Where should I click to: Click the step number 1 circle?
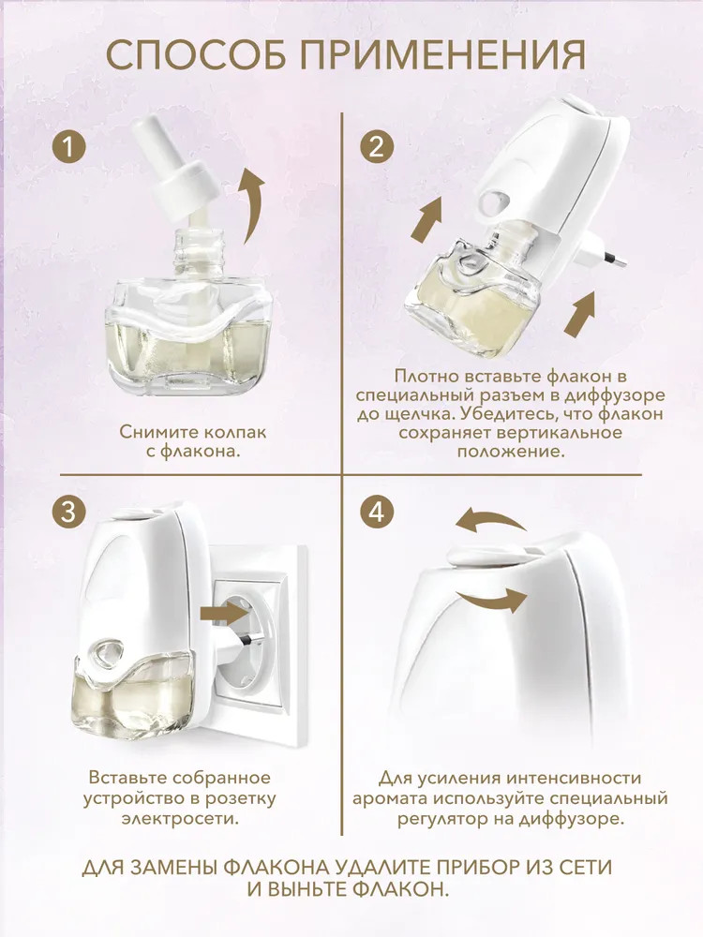point(70,146)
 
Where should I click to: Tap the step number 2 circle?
point(377,146)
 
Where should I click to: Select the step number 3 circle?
point(68,513)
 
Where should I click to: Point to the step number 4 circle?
point(377,513)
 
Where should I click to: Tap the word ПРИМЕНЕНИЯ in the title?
point(443,56)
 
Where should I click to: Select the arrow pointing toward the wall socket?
point(225,613)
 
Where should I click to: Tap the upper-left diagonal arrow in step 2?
point(426,218)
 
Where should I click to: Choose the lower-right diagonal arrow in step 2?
point(580,313)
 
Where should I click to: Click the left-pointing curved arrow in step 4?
point(489,520)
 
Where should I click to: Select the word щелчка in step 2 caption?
point(418,415)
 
